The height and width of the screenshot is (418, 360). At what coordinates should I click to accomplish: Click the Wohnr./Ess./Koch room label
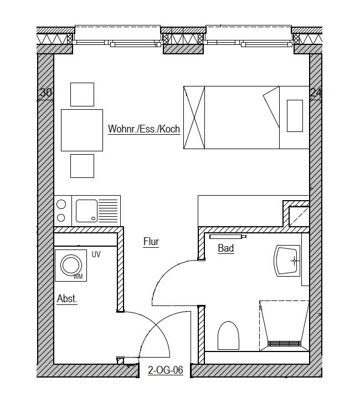tap(144, 129)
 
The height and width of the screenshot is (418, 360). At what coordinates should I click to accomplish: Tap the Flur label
tap(151, 242)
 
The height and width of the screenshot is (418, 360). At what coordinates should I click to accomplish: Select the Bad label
tap(226, 248)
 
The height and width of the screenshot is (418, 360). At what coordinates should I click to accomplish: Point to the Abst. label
tap(67, 299)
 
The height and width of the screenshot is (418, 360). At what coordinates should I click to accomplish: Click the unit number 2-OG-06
tap(166, 370)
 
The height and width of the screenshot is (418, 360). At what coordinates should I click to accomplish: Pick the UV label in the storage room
tap(96, 254)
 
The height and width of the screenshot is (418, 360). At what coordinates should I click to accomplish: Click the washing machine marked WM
tap(71, 266)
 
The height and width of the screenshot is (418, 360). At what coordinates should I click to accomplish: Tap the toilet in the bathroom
tap(228, 335)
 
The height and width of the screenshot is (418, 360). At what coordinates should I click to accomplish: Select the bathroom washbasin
tap(287, 261)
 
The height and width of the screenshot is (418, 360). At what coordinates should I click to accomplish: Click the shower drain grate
tap(284, 343)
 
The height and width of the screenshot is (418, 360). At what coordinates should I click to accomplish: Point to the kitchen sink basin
tap(86, 211)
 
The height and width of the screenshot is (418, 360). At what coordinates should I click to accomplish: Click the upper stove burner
tap(61, 204)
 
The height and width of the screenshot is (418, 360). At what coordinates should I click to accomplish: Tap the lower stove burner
tap(61, 218)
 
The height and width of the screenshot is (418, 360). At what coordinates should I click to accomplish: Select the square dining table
tap(82, 130)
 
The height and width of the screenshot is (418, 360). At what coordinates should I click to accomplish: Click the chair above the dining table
tap(83, 94)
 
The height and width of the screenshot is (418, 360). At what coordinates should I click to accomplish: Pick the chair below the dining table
tap(83, 166)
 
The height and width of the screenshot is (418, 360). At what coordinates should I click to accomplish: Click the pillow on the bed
tap(295, 116)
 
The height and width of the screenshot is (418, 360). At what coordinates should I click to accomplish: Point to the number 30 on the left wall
tap(46, 93)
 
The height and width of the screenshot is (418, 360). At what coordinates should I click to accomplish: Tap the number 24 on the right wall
tap(316, 93)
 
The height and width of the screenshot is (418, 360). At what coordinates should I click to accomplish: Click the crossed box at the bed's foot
tap(194, 118)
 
